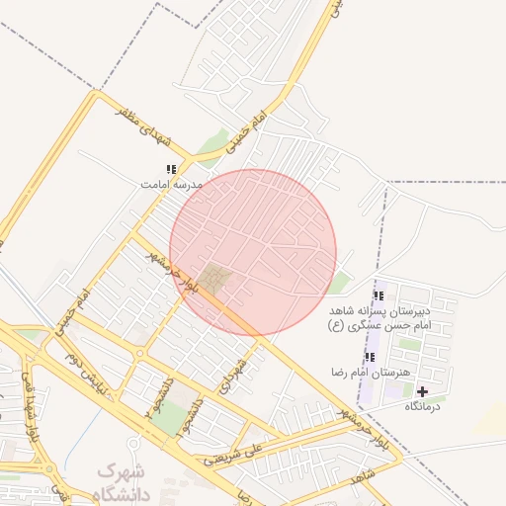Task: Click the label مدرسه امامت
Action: (171, 185)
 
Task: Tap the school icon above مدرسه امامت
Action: (171, 170)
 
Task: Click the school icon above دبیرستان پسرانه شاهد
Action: (379, 295)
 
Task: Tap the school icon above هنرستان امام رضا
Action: (370, 357)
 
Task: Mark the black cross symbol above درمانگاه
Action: (423, 391)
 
